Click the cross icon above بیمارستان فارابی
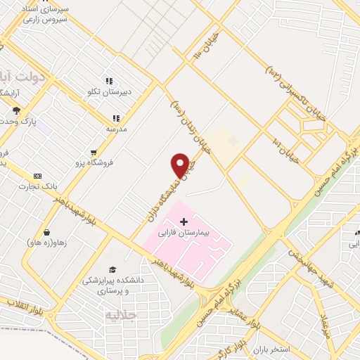[x=184, y=221]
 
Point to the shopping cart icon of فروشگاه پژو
[x=93, y=153]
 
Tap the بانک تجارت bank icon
[x=38, y=176]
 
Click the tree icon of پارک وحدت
[x=15, y=110]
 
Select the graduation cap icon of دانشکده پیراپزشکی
[x=111, y=269]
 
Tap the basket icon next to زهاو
[x=46, y=232]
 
